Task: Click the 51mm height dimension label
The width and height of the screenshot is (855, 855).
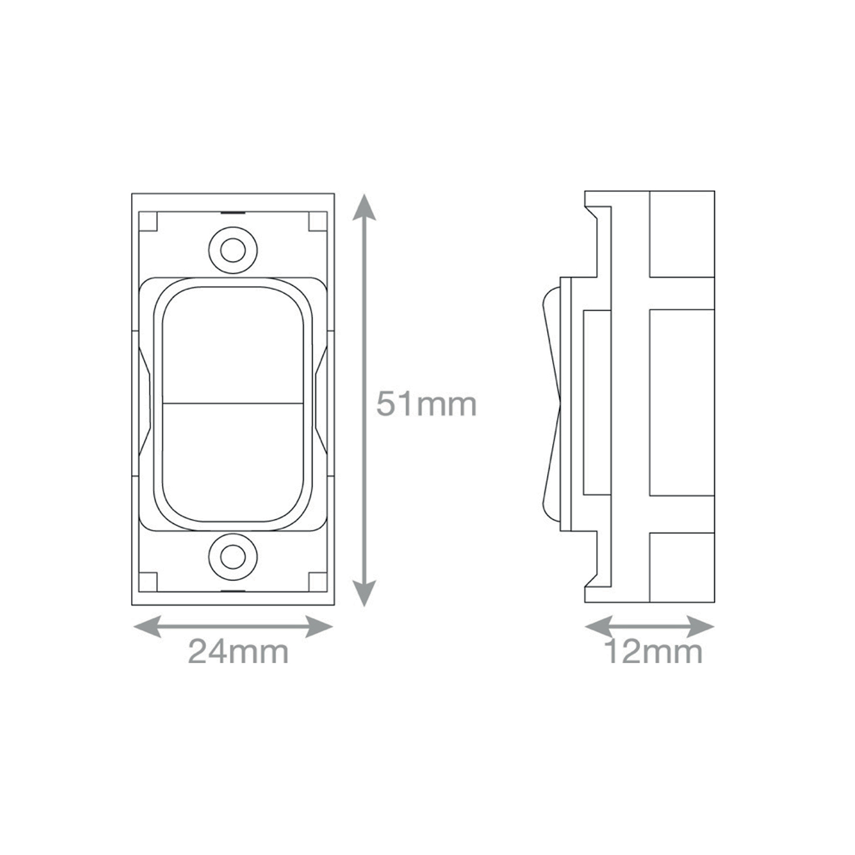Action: tap(426, 404)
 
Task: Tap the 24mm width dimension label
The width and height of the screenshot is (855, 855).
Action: tap(238, 651)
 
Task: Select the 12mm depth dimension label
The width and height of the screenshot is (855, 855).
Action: tap(653, 652)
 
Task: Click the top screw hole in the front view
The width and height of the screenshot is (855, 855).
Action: tap(233, 250)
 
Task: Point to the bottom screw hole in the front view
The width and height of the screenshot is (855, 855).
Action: tap(233, 557)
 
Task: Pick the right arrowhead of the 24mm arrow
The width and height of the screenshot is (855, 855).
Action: tap(319, 626)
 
